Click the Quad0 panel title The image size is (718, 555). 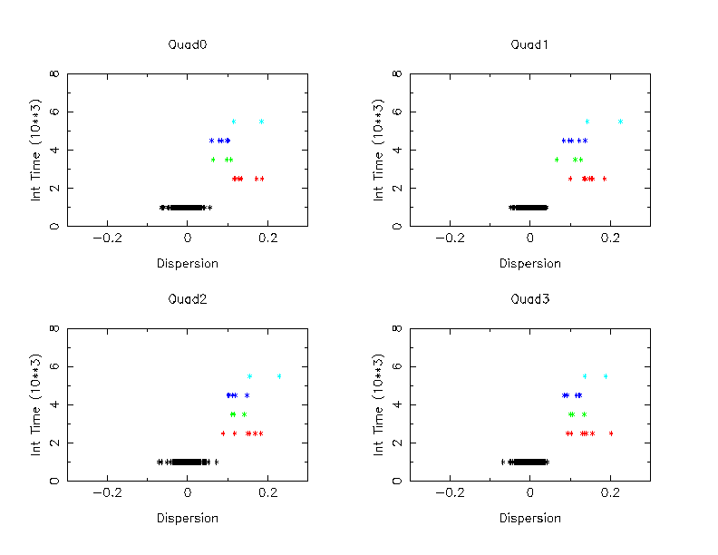[x=187, y=44]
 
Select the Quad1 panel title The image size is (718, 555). [x=529, y=44]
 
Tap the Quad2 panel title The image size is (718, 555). [x=187, y=298]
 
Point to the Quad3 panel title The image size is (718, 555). [x=529, y=298]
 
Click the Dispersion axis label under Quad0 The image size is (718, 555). [x=187, y=264]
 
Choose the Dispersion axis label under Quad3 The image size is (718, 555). [x=529, y=519]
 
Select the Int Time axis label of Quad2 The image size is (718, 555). [x=37, y=404]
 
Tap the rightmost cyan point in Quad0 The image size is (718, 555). [x=261, y=122]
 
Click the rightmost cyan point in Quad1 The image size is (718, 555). [x=620, y=122]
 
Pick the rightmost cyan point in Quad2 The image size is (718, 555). [x=279, y=375]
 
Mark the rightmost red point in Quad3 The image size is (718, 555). [x=611, y=433]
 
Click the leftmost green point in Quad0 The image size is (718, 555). [x=213, y=160]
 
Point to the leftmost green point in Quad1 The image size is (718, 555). [x=557, y=160]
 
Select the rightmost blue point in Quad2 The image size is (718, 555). [x=247, y=395]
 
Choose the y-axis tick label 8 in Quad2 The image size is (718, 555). [x=56, y=328]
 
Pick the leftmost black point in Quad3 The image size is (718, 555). [x=503, y=462]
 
